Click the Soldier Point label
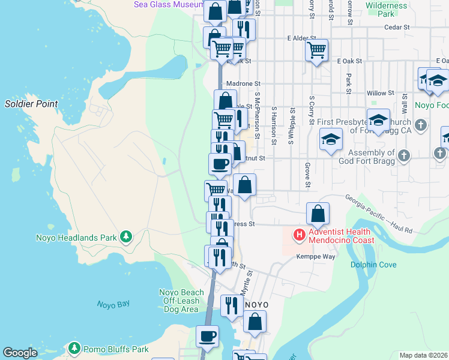pyautogui.click(x=31, y=104)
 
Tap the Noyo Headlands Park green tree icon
pyautogui.click(x=125, y=238)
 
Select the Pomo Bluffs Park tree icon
pyautogui.click(x=74, y=349)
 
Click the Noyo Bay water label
pyautogui.click(x=113, y=304)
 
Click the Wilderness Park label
pyautogui.click(x=387, y=10)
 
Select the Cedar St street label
pyautogui.click(x=396, y=27)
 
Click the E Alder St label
pyautogui.click(x=301, y=38)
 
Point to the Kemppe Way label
pyautogui.click(x=315, y=257)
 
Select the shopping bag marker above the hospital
pyautogui.click(x=318, y=213)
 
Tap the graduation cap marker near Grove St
pyautogui.click(x=331, y=140)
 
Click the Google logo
pyautogui.click(x=20, y=353)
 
